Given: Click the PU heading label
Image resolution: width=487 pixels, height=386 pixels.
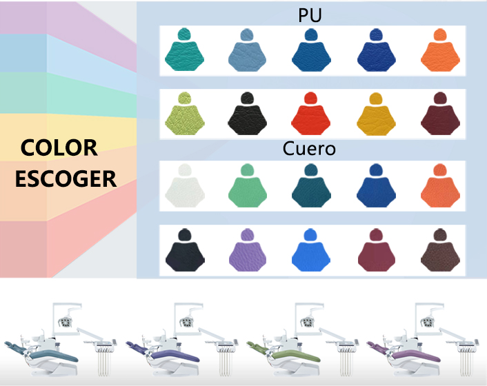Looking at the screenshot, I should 310,16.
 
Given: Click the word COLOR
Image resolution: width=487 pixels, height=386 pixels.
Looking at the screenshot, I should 59,147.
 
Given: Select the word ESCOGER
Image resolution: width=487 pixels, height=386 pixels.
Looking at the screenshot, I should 66,179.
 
